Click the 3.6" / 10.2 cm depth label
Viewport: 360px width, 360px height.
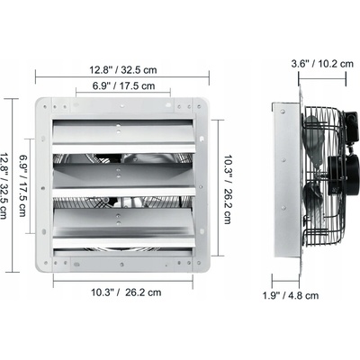pos(322,64)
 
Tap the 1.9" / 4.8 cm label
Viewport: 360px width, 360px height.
pos(291,295)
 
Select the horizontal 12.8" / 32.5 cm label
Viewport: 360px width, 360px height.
pos(123,70)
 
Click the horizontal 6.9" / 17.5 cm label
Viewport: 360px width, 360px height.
pos(123,85)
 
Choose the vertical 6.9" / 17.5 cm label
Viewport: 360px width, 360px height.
pos(23,185)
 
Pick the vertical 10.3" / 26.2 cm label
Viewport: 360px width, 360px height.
pos(228,189)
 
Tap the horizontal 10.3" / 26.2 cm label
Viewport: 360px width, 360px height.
pos(126,292)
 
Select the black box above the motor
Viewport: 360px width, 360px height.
pos(351,126)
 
